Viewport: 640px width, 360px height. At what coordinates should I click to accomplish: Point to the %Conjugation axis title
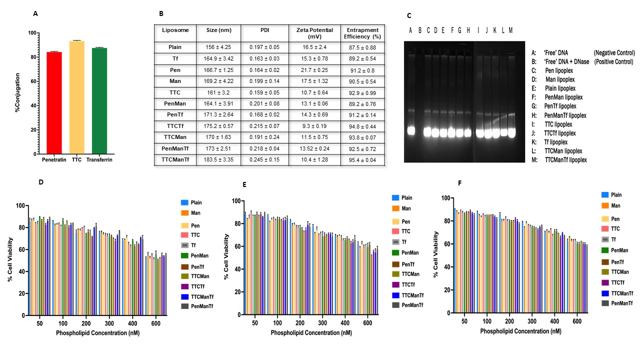pyautogui.click(x=18, y=93)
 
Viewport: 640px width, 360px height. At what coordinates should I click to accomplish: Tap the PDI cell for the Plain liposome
pyautogui.click(x=265, y=47)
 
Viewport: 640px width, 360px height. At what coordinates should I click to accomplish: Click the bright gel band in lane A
pyautogui.click(x=411, y=131)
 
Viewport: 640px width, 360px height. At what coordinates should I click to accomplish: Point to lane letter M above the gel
pyautogui.click(x=510, y=30)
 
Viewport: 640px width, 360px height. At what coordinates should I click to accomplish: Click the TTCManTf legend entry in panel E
pyautogui.click(x=407, y=295)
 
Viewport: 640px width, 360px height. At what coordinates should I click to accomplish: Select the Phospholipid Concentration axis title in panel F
pyautogui.click(x=520, y=330)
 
